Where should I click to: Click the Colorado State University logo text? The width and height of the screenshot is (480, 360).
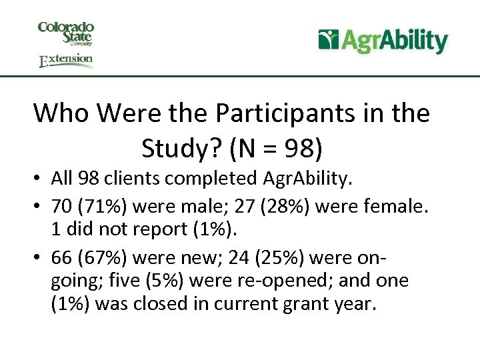66,33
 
